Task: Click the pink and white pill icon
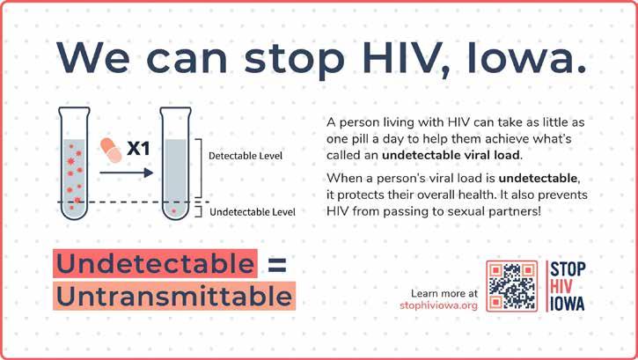[x=111, y=151]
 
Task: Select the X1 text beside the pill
[x=138, y=149]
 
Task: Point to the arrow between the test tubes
[x=126, y=173]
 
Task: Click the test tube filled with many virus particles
[x=74, y=163]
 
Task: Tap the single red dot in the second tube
[x=174, y=211]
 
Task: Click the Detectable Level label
[x=246, y=156]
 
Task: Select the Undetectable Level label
[x=253, y=212]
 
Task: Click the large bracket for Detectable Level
[x=201, y=168]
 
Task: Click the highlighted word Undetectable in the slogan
[x=155, y=263]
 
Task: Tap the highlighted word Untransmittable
[x=174, y=296]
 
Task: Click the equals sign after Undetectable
[x=277, y=265]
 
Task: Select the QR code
[x=512, y=286]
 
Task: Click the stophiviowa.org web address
[x=438, y=305]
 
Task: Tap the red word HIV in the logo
[x=561, y=286]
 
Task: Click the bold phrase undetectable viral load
[x=451, y=156]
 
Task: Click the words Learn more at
[x=444, y=293]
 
